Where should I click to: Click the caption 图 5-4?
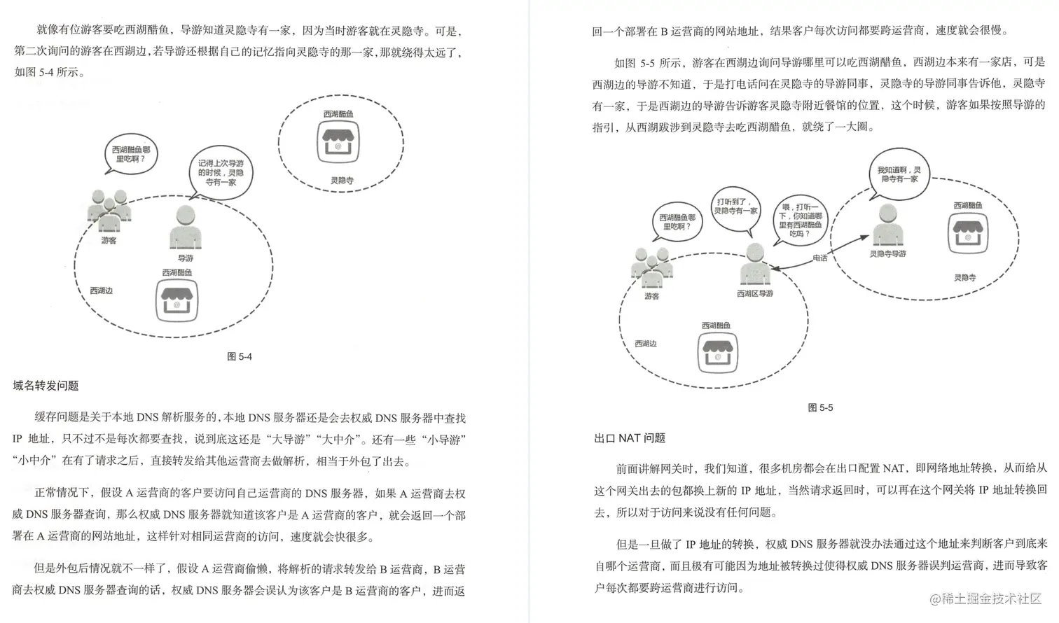pos(240,356)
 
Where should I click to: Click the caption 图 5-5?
pos(820,407)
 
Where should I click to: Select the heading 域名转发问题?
pos(46,386)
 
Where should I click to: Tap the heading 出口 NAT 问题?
pos(630,438)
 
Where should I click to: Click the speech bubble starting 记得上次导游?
pos(221,172)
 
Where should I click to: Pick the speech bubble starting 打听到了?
pos(735,206)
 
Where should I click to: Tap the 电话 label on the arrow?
pos(820,258)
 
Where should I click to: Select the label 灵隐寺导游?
pos(887,253)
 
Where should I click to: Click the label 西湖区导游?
pos(755,293)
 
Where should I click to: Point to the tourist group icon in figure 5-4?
pos(109,211)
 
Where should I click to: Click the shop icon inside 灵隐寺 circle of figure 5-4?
pos(340,143)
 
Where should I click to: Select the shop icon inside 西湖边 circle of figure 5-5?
pos(717,352)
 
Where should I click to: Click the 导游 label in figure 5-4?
pos(185,258)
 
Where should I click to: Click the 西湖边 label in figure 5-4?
pos(101,290)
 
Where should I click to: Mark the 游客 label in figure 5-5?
pos(651,296)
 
